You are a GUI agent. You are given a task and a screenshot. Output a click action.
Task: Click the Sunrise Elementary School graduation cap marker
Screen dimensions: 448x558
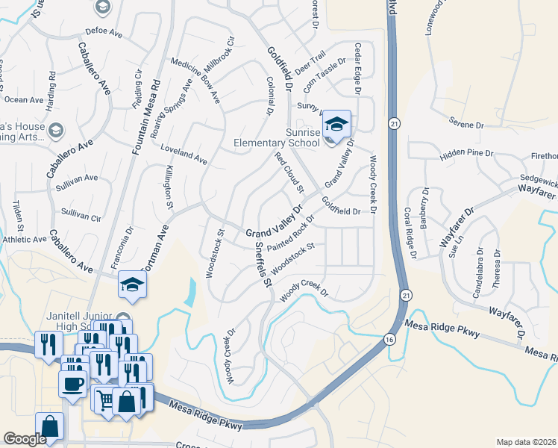click(x=336, y=124)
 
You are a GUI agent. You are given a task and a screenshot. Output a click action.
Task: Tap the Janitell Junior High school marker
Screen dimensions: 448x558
click(x=132, y=285)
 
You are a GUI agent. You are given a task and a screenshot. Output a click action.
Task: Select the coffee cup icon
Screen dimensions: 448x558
click(x=72, y=384)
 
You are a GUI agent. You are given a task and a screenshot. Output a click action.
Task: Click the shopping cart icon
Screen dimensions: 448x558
click(x=104, y=400)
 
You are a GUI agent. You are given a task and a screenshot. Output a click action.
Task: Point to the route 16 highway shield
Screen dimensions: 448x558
click(x=389, y=340)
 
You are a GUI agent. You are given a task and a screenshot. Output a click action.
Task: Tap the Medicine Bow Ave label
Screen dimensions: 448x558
click(x=195, y=80)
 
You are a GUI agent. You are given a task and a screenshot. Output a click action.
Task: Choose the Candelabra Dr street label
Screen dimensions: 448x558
click(x=479, y=272)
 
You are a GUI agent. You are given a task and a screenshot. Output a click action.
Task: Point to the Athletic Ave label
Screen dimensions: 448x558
click(x=24, y=240)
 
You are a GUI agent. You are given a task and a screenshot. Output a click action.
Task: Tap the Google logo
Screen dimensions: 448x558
click(x=25, y=439)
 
